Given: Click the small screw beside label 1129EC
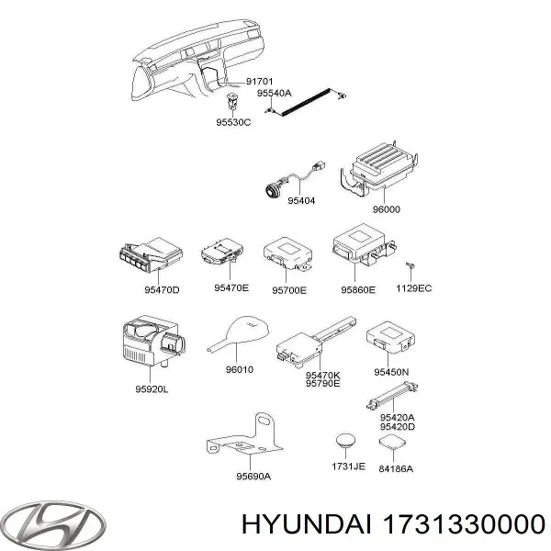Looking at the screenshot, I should tap(412, 265).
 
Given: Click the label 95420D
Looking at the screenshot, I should tap(396, 426).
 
